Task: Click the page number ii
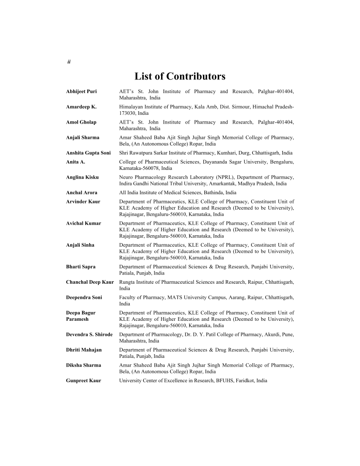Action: pos(68,62)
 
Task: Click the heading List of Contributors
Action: pos(180,77)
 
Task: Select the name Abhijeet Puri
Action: pos(81,91)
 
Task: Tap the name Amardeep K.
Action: pos(81,107)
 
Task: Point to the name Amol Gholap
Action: pos(81,122)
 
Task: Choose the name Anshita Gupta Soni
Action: pos(88,153)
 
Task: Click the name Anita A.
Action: pos(75,162)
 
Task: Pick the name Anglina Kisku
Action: pos(82,177)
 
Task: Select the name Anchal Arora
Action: pos(82,192)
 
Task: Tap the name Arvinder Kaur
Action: pos(83,202)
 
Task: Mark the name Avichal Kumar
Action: pos(83,223)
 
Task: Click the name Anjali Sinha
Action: pos(80,245)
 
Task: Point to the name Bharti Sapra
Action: pos(81,267)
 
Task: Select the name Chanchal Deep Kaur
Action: pos(90,282)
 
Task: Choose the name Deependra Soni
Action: pos(84,297)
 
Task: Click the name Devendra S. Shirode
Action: pos(89,334)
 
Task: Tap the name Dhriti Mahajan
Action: pos(84,349)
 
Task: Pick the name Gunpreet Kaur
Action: pos(83,380)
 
